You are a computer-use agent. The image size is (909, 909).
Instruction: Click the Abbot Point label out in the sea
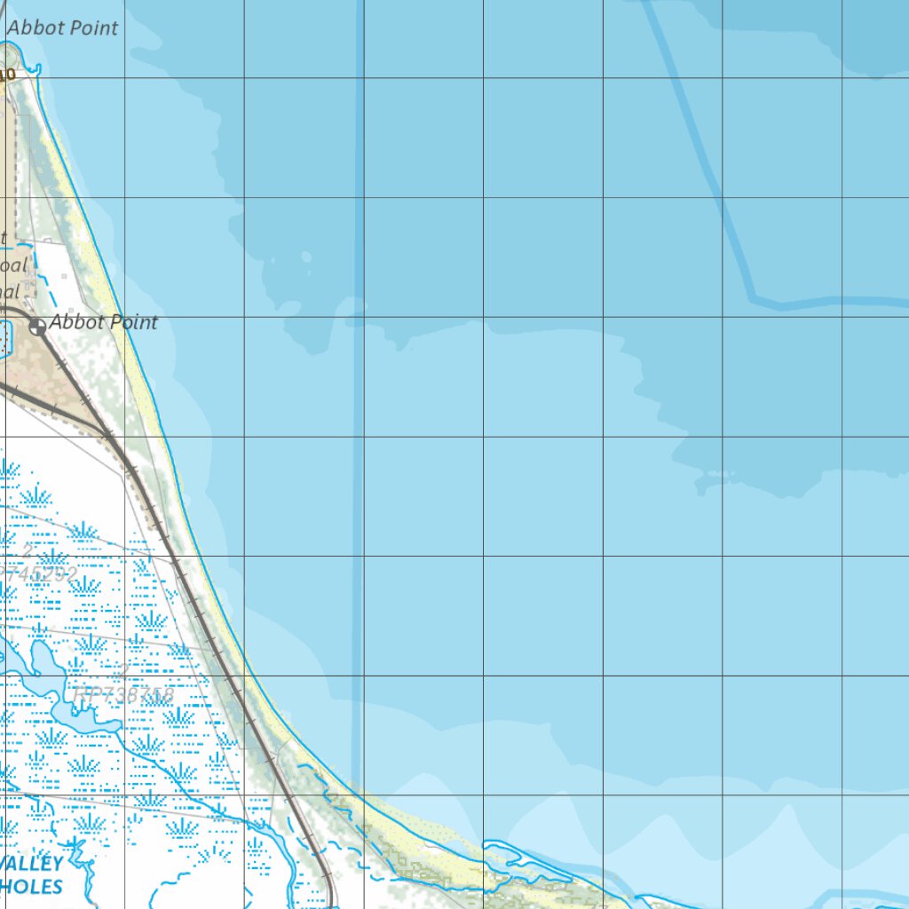62,28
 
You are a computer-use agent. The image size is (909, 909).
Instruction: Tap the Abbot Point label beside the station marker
103,322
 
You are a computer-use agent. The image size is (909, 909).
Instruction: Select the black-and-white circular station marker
37,327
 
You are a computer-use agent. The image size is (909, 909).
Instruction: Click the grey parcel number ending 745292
39,574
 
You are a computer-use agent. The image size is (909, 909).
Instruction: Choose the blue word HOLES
33,886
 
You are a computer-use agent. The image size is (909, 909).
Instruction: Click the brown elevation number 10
8,75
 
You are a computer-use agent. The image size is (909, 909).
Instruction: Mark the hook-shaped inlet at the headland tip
36,67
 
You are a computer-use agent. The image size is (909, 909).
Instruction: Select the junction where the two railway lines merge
107,432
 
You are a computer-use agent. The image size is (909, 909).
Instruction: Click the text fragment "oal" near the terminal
14,265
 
